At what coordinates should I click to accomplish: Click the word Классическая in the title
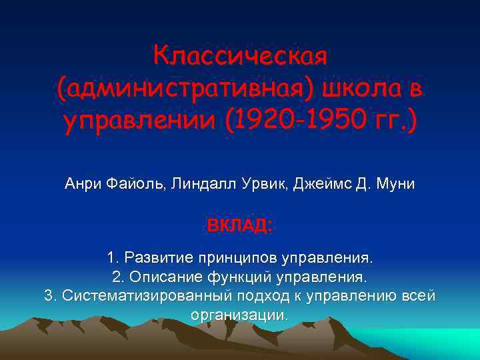pos(240,55)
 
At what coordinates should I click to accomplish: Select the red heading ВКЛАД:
pos(239,225)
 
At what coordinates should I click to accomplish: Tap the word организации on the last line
pos(239,315)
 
